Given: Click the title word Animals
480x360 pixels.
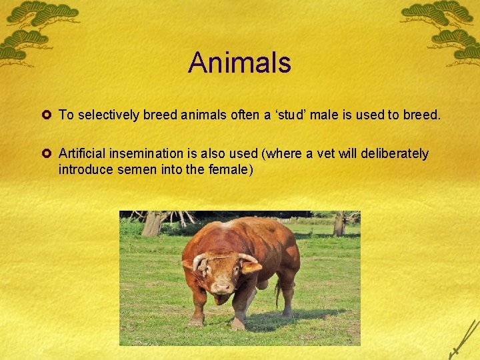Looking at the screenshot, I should tap(239, 63).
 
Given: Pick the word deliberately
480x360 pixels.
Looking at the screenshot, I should tap(395, 154).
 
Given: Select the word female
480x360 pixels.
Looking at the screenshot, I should tap(230, 169).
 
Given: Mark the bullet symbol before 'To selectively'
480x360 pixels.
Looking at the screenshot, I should tap(49, 115).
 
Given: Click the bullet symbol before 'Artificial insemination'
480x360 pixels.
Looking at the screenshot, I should tap(49, 154).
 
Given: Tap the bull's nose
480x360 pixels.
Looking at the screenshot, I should tap(223, 288).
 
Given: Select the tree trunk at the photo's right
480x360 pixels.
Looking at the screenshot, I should tap(339, 224).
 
